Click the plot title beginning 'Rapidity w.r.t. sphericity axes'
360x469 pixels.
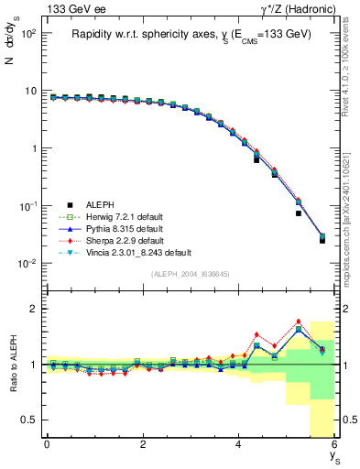click(x=191, y=34)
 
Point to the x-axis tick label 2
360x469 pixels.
click(x=143, y=446)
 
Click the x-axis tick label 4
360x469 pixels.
click(x=239, y=446)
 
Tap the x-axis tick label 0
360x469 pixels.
click(x=47, y=446)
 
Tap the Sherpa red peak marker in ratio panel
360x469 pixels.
click(x=299, y=322)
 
